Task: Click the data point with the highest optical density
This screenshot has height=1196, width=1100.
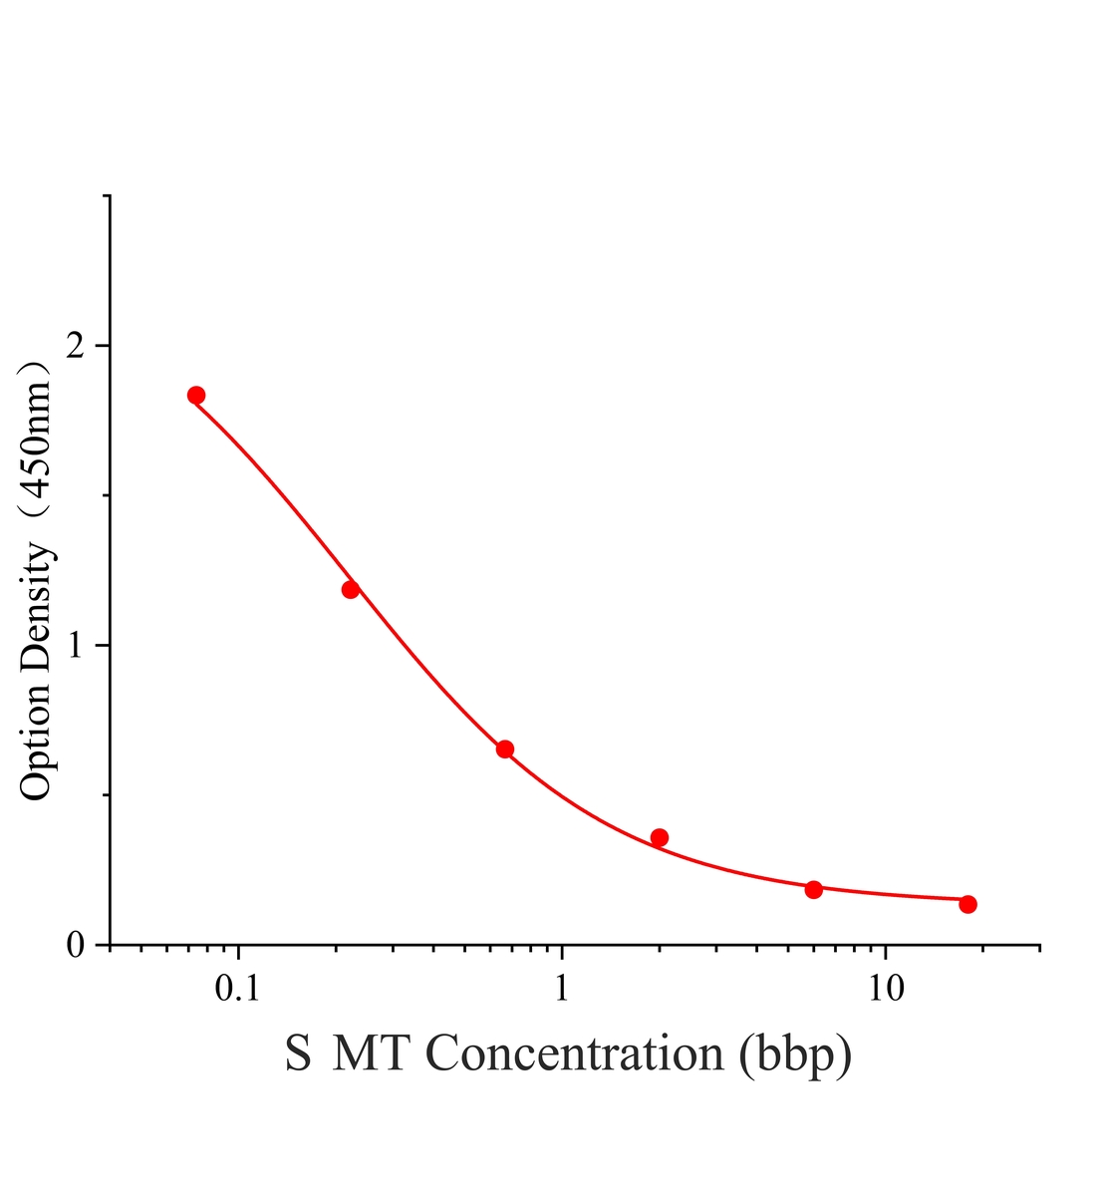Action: [196, 395]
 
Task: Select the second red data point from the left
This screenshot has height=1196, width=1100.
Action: [351, 590]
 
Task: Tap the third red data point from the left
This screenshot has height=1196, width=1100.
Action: [505, 749]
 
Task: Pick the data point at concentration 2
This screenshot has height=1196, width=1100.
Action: [660, 837]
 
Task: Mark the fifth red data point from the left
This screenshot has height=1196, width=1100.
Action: [814, 890]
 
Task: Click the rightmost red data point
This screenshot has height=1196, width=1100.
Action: [968, 904]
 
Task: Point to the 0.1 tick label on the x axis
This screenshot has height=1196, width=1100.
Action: [237, 989]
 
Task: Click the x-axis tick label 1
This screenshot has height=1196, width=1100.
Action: [562, 989]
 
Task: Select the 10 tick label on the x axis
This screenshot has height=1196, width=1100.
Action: [886, 989]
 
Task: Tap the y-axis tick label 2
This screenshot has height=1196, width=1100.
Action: [75, 346]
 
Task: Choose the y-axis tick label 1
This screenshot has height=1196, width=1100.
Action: [76, 645]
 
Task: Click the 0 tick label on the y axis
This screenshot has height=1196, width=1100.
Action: [75, 945]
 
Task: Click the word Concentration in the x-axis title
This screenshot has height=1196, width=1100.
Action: [575, 1053]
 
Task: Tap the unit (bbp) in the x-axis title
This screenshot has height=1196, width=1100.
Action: [796, 1056]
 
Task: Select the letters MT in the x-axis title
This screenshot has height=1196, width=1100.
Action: [370, 1053]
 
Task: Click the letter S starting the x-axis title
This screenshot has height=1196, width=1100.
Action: [298, 1053]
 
